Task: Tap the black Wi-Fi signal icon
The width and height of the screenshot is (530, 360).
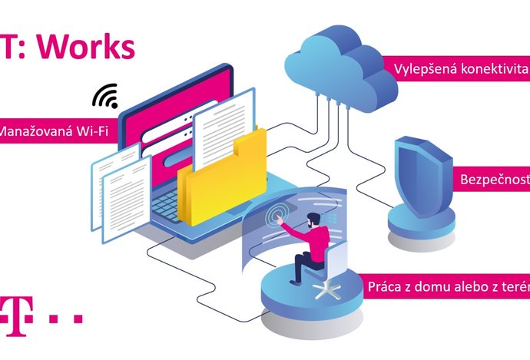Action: point(105,95)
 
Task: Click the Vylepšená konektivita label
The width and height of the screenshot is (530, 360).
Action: point(461,68)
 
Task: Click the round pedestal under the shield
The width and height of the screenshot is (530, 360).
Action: point(414,226)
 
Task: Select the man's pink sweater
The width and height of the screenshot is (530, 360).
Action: point(307,243)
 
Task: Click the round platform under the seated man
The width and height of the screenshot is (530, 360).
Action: point(307,299)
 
